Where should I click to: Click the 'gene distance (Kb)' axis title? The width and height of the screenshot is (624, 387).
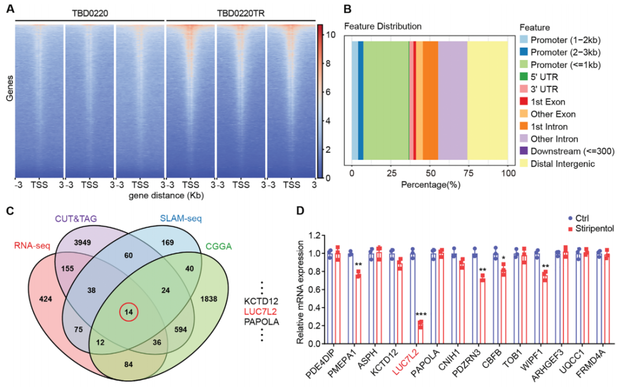point(164,196)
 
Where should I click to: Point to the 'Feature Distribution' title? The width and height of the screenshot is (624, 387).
point(382,26)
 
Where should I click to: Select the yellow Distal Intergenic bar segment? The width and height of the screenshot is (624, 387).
point(487,100)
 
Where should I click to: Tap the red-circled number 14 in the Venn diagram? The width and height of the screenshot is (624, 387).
point(129,313)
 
